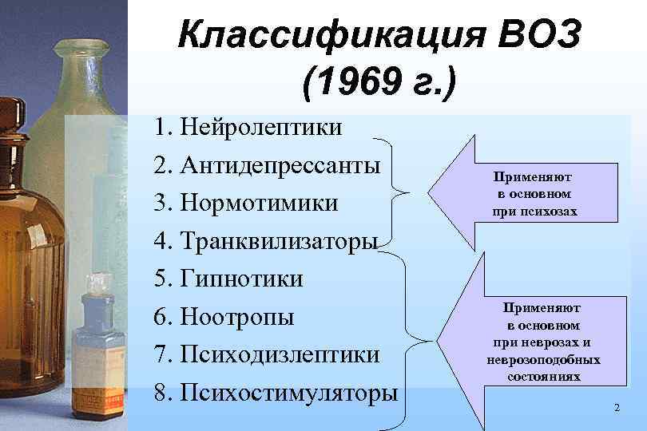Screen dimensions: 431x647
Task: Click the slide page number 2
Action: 617,408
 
